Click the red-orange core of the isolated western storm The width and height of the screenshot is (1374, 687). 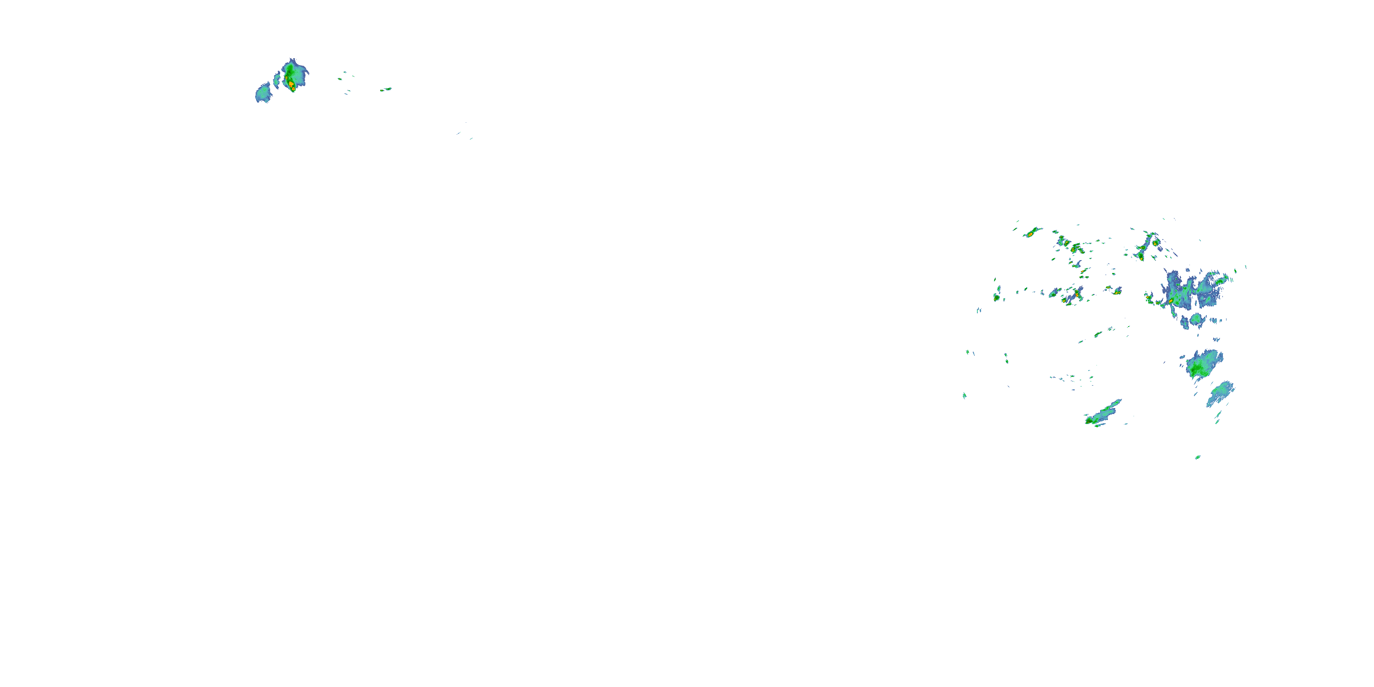(291, 84)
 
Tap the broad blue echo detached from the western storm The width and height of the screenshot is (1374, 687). (263, 93)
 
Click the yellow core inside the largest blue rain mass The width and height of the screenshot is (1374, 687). (1171, 301)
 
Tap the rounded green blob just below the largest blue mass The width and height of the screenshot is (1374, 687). (1196, 320)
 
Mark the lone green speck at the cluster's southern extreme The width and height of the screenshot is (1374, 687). (1198, 457)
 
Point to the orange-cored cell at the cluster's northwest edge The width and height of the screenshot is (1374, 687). (1032, 233)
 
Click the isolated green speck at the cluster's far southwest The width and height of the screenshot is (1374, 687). (965, 396)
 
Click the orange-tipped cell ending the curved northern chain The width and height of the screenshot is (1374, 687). (1141, 255)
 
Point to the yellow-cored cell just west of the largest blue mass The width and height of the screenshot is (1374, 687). (1148, 298)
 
